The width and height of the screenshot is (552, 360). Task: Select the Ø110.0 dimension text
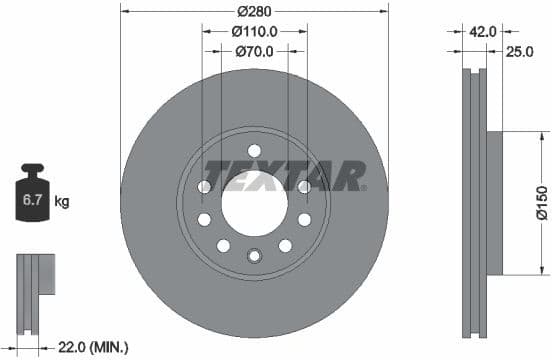(x=254, y=31)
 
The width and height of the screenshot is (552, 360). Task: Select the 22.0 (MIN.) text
(x=93, y=347)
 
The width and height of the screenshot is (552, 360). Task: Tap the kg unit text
(x=61, y=202)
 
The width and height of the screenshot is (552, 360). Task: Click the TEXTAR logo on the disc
(x=284, y=176)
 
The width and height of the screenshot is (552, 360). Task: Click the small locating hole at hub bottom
(x=254, y=255)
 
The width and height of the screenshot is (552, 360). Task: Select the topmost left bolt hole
(x=204, y=187)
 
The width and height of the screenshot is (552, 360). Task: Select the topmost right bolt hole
(x=304, y=187)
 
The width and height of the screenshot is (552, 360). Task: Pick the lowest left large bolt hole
(x=223, y=246)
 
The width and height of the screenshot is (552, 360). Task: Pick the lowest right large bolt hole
(x=285, y=246)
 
